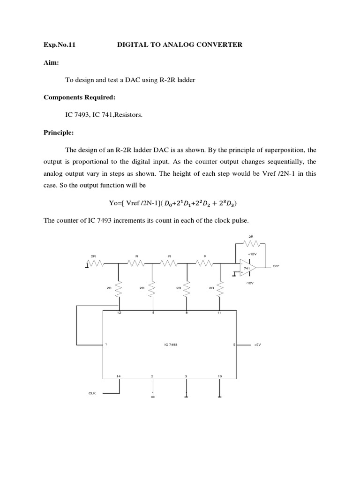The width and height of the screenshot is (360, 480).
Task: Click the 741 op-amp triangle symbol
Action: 247,267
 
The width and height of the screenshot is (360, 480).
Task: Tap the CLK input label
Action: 92,393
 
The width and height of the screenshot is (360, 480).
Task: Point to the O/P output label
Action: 276,266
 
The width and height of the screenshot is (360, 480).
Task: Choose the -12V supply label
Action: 249,283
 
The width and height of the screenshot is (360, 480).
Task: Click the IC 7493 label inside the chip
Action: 171,345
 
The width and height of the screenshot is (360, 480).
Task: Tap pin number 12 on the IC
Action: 119,312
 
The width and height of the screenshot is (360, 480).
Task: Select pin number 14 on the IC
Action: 119,376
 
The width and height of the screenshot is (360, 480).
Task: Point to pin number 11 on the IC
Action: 219,312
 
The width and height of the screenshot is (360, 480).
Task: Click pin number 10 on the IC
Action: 219,376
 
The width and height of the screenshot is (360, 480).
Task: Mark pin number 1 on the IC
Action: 106,345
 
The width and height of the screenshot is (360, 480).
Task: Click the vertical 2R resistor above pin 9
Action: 152,290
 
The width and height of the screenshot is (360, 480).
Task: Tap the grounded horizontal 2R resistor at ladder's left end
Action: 96,264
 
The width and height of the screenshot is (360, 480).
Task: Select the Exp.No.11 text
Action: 60,45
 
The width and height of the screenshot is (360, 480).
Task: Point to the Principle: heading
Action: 59,133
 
